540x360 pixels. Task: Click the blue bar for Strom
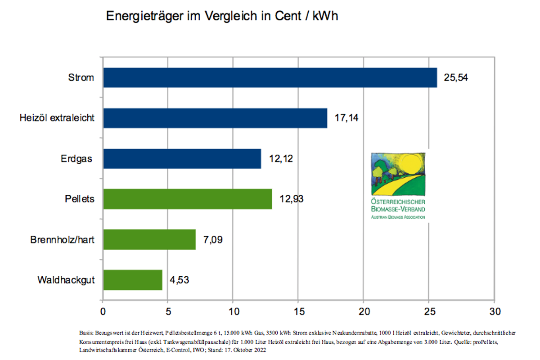[x=270, y=77]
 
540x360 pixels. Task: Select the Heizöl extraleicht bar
[x=215, y=118]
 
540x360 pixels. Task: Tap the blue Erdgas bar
[x=182, y=158]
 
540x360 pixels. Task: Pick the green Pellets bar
[x=187, y=199]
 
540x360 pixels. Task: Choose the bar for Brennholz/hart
[x=149, y=239]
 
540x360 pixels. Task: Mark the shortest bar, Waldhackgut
[x=133, y=280]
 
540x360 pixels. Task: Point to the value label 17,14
[x=346, y=118]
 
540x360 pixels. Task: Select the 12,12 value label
[x=281, y=159]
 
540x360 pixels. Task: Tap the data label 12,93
[x=292, y=199]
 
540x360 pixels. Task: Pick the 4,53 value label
[x=179, y=280]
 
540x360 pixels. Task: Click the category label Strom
[x=81, y=77]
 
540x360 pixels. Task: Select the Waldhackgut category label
[x=66, y=280]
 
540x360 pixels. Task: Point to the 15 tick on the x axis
[x=298, y=311]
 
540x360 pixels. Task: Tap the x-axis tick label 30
[x=494, y=311]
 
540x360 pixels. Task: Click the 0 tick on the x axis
[x=103, y=311]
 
